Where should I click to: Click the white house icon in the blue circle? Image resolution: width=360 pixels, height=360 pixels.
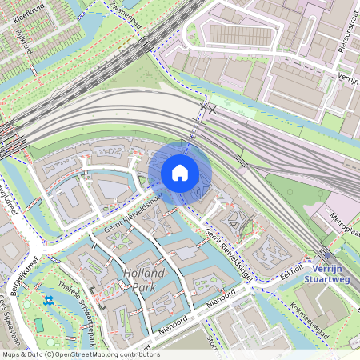point(180,173)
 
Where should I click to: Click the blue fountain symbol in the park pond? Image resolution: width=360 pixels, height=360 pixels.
point(49,300)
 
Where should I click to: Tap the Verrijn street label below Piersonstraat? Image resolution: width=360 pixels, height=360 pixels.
point(347,78)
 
